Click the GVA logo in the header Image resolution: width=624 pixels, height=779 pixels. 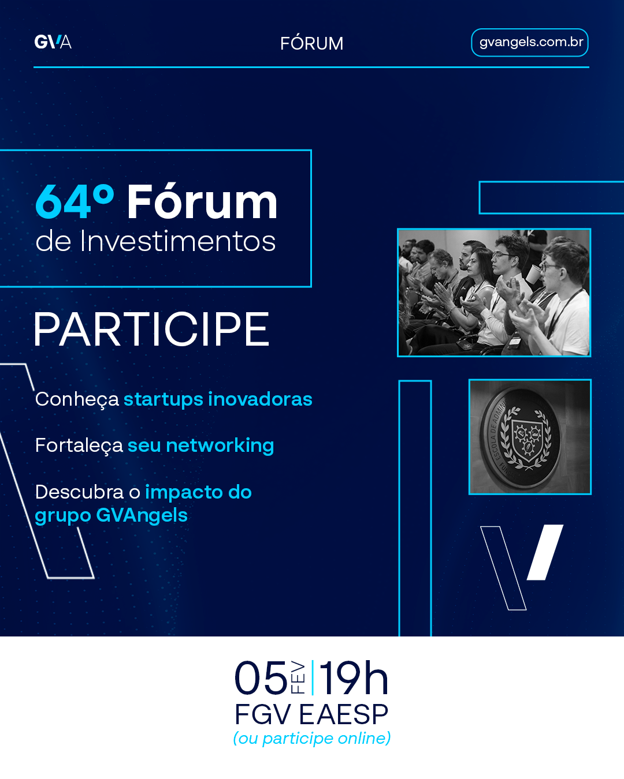click(x=53, y=42)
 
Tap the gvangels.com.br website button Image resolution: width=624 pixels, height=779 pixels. click(x=529, y=43)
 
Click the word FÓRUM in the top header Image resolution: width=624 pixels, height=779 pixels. click(x=312, y=43)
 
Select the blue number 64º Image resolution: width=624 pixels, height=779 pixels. click(x=75, y=201)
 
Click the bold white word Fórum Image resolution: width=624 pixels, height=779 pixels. click(x=202, y=201)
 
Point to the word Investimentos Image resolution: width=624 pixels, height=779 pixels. click(x=177, y=241)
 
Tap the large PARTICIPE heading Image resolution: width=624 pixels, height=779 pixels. click(x=151, y=329)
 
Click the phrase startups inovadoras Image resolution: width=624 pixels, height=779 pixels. click(x=218, y=399)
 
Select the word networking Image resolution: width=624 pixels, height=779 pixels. click(x=220, y=446)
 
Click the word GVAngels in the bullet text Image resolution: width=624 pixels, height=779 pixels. click(x=142, y=515)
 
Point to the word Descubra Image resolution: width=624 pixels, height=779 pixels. click(x=79, y=492)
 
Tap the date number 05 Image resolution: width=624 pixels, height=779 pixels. click(x=261, y=677)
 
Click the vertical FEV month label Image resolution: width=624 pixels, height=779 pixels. click(x=298, y=677)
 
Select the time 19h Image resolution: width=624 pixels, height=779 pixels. click(x=354, y=677)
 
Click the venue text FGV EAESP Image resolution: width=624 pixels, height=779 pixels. click(x=311, y=714)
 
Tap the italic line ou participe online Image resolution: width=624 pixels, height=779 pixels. click(x=312, y=738)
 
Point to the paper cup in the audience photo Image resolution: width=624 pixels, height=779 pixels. click(x=533, y=274)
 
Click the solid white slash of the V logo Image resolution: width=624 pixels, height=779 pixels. click(x=545, y=552)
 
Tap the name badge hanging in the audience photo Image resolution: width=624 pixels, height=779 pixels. click(x=515, y=341)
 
